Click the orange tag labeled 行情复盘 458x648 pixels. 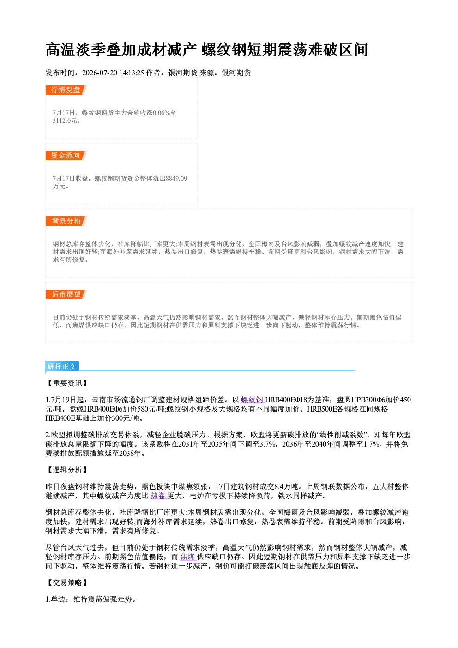point(66,90)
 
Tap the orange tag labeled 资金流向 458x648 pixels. point(66,155)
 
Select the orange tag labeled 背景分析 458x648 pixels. point(66,221)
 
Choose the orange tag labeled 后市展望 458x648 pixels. point(66,295)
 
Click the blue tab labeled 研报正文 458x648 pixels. point(62,367)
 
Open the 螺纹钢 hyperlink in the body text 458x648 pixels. point(253,400)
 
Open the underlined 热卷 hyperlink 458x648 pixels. point(158,496)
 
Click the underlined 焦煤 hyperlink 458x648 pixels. point(188,557)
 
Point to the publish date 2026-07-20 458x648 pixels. point(100,73)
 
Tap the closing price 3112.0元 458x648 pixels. point(65,121)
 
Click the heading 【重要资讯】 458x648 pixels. point(67,383)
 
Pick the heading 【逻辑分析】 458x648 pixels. point(67,470)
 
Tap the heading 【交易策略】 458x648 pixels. point(67,582)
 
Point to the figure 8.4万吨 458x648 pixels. point(286,487)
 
